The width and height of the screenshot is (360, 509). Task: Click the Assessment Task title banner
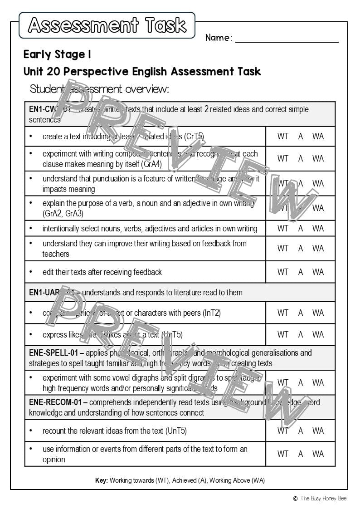click(107, 25)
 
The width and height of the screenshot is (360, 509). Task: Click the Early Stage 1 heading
click(57, 55)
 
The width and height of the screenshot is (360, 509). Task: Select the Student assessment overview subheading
click(99, 89)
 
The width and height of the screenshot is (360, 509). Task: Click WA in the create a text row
click(318, 136)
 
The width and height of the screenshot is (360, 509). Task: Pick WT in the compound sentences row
click(283, 159)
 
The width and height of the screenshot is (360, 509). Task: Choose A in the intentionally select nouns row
click(301, 229)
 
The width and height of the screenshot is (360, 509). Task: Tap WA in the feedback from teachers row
click(318, 249)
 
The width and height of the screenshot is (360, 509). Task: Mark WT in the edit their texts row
click(283, 272)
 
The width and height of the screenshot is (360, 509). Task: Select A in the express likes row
click(301, 335)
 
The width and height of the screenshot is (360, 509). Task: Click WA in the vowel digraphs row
click(318, 383)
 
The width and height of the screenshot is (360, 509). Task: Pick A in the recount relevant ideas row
click(301, 431)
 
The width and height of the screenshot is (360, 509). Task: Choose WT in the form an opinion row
click(283, 454)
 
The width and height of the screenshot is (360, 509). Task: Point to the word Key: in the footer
click(102, 480)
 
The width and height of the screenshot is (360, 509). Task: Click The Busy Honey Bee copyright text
click(323, 499)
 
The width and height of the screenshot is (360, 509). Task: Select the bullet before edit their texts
click(31, 272)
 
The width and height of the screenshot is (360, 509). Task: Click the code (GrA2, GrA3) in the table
click(63, 214)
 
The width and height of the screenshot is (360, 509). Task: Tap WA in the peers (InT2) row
click(318, 313)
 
